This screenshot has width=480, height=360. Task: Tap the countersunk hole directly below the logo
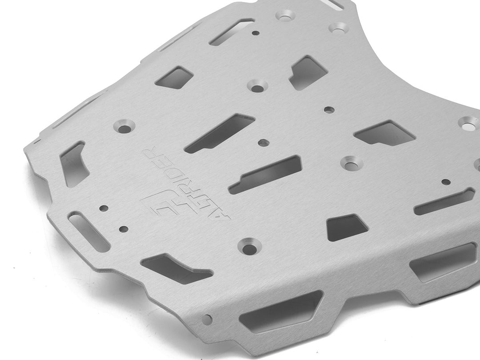pyautogui.click(x=249, y=246)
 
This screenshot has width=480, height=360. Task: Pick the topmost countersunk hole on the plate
pyautogui.click(x=285, y=15)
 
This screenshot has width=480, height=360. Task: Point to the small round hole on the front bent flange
pyautogui.click(x=207, y=320)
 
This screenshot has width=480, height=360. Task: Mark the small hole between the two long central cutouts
pyautogui.click(x=263, y=143)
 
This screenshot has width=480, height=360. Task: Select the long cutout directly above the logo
pyautogui.click(x=219, y=133)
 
